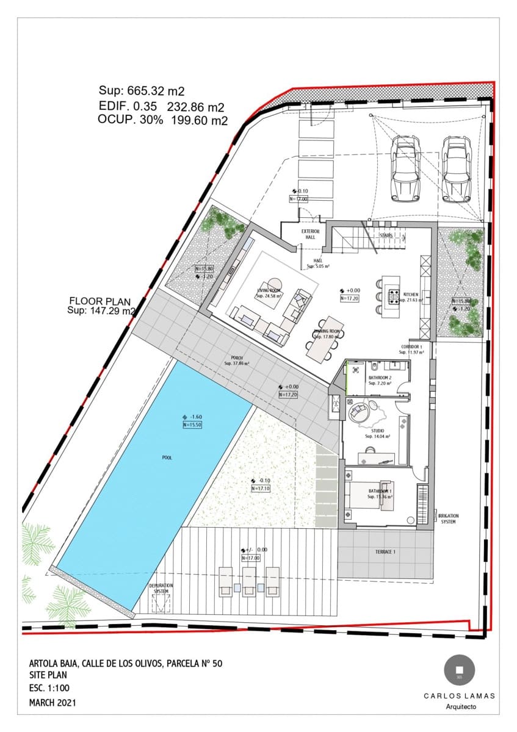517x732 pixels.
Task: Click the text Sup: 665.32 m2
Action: coord(142,91)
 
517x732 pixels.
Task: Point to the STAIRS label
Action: coord(385,235)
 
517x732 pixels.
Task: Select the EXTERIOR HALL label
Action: coord(310,235)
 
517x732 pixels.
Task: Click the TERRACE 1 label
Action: coord(385,552)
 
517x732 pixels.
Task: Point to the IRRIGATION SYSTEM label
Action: coord(449,518)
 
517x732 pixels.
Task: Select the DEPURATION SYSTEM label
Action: coord(161,588)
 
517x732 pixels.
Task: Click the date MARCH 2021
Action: coord(52,703)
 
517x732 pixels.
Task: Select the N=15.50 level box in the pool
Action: coord(192,425)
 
